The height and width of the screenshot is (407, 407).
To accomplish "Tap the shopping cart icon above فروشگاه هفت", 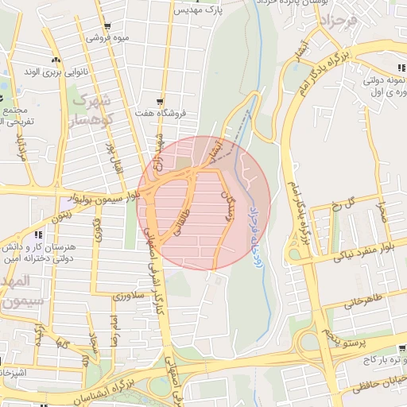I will click(161, 102).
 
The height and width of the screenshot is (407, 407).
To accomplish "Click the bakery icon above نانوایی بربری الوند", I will click(55, 60).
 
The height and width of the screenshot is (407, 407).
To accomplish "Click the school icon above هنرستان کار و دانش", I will click(37, 235).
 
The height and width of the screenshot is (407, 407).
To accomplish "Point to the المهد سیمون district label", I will click(16, 292).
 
